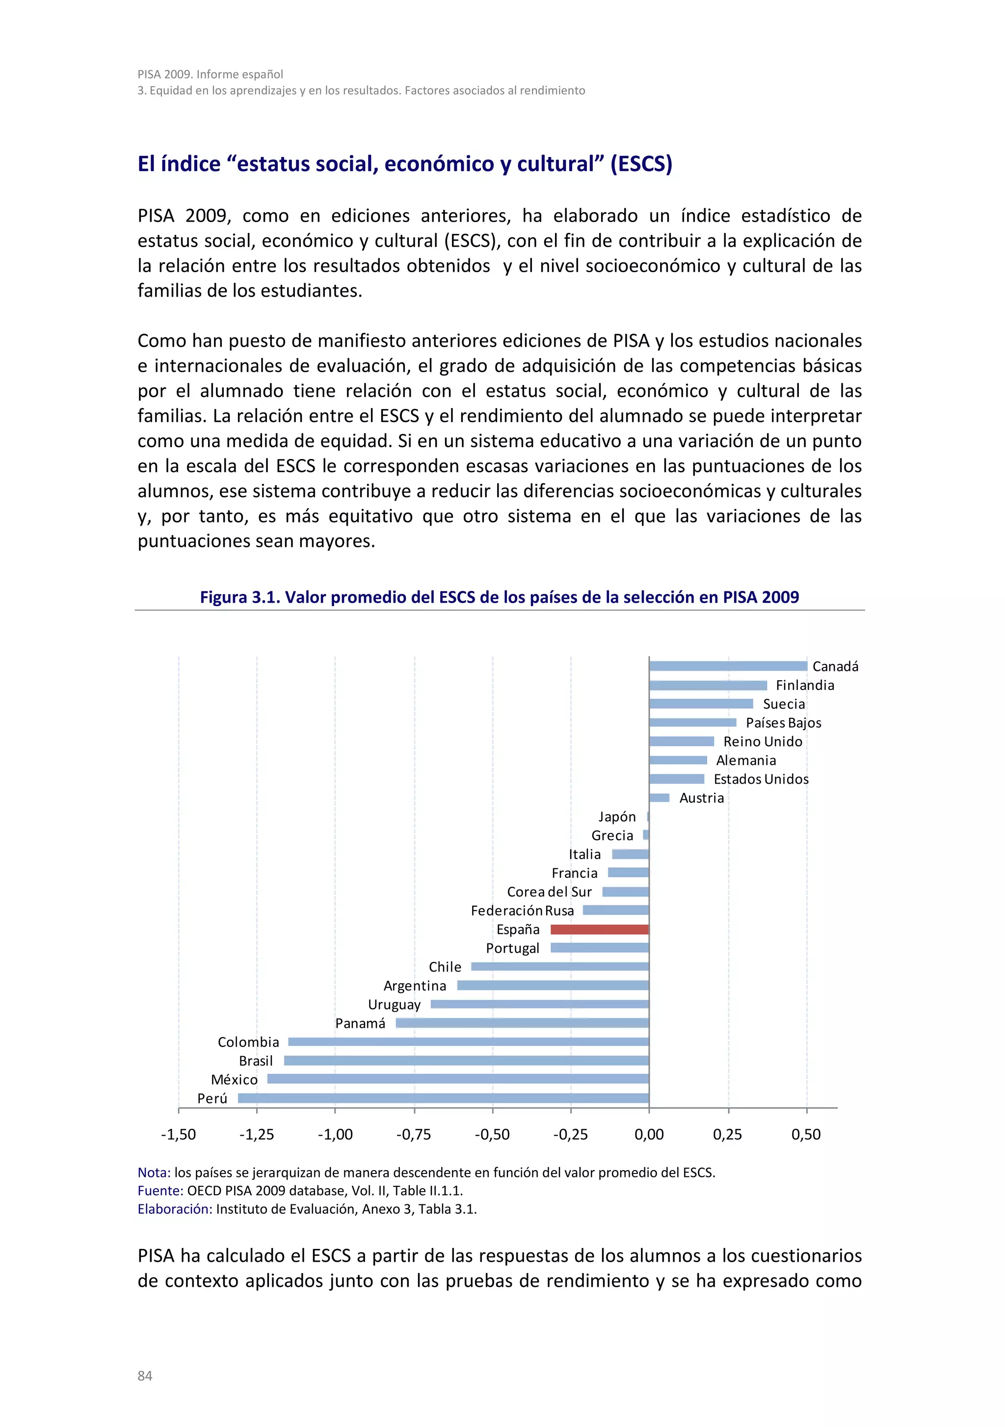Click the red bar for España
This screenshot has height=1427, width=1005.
pyautogui.click(x=600, y=929)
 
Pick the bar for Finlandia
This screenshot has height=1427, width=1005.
pyautogui.click(x=708, y=685)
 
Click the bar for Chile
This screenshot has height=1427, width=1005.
pyautogui.click(x=560, y=967)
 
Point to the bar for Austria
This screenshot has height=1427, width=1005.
pyautogui.click(x=659, y=797)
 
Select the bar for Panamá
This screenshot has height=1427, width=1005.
pyautogui.click(x=523, y=1023)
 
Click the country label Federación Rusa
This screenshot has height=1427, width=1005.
pyautogui.click(x=523, y=911)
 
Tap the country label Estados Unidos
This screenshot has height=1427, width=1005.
pyautogui.click(x=761, y=779)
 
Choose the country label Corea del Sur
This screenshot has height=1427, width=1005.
pyautogui.click(x=549, y=892)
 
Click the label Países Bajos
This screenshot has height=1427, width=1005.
pyautogui.click(x=783, y=723)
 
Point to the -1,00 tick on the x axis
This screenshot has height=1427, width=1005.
pyautogui.click(x=335, y=1134)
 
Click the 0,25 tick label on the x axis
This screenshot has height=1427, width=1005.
pyautogui.click(x=728, y=1134)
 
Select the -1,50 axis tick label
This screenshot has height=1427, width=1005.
pyautogui.click(x=179, y=1134)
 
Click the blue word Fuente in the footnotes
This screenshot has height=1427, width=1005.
pyautogui.click(x=160, y=1191)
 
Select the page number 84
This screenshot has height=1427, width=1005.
pyautogui.click(x=145, y=1376)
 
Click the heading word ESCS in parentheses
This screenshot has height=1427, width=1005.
pyautogui.click(x=641, y=164)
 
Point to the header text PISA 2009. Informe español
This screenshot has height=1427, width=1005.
pyautogui.click(x=210, y=74)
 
